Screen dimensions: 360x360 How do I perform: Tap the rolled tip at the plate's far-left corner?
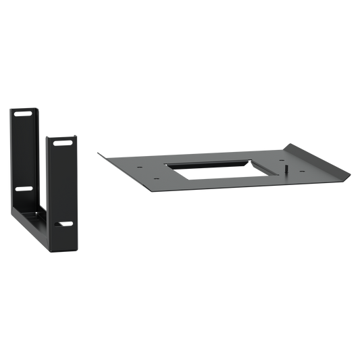[98, 152]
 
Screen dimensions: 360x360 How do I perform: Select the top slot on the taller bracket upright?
[22, 115]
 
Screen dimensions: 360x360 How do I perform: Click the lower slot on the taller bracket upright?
[23, 190]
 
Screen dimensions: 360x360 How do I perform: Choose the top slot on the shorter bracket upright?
[63, 144]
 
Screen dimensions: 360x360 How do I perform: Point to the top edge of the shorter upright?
[62, 135]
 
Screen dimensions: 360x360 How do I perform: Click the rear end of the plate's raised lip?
[291, 143]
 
